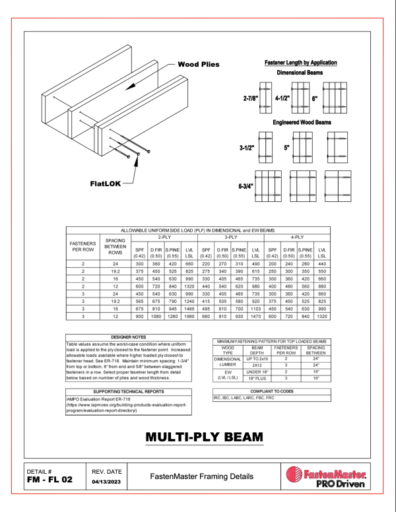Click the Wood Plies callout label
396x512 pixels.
[198, 65]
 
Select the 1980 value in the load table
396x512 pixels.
[189, 315]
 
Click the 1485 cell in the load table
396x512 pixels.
[189, 307]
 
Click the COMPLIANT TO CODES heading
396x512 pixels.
[272, 391]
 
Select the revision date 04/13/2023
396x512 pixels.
[106, 482]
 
